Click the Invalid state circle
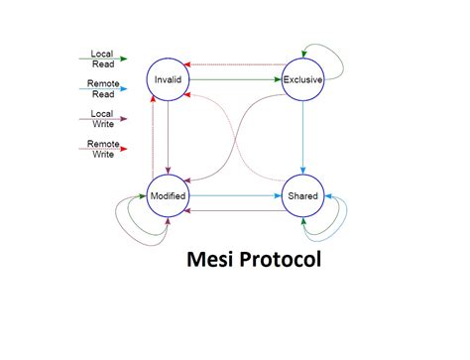click(167, 78)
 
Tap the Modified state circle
click(167, 195)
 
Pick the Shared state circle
click(302, 195)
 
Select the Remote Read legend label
click(101, 89)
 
